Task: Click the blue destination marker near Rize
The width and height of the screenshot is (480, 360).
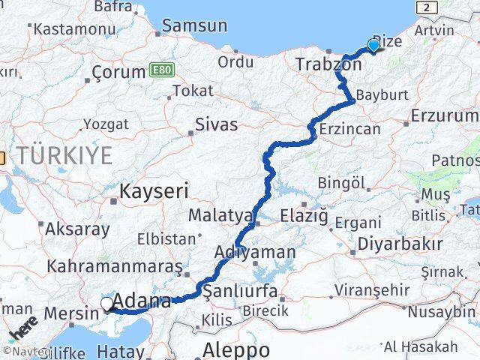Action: tap(373, 45)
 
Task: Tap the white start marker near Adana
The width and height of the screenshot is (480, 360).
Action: tap(107, 304)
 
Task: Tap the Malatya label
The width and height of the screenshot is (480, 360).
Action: tap(220, 216)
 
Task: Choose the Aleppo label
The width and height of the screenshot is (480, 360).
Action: tap(236, 349)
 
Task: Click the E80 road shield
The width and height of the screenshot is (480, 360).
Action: tap(158, 69)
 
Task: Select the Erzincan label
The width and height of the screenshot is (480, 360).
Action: tap(351, 129)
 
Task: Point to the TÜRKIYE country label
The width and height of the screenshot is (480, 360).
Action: tap(65, 156)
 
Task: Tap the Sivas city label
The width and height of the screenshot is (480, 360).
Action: tap(216, 124)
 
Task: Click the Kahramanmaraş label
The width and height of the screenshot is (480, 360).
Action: tap(115, 266)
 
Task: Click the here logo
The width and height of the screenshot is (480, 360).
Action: tap(25, 330)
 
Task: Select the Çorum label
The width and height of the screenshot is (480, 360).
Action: tap(118, 73)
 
